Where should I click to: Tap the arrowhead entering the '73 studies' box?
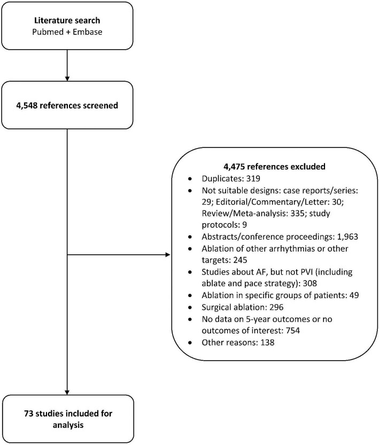[67, 392]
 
